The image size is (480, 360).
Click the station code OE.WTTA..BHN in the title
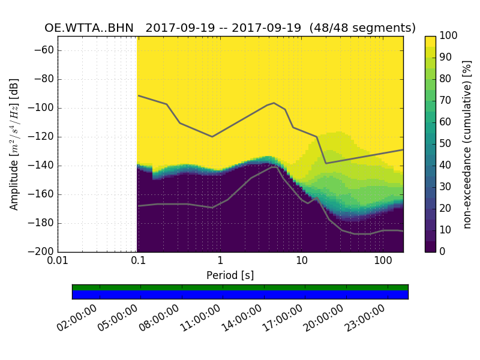91,28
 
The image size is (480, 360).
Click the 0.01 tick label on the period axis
58,262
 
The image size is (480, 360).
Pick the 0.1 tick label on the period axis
139,262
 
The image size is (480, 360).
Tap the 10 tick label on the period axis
302,262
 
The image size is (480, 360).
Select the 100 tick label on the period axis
383,262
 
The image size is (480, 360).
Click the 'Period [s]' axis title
230,275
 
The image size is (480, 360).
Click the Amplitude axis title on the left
14,144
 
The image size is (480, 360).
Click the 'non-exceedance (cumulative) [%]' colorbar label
467,144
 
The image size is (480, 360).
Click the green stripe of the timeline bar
240,287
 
